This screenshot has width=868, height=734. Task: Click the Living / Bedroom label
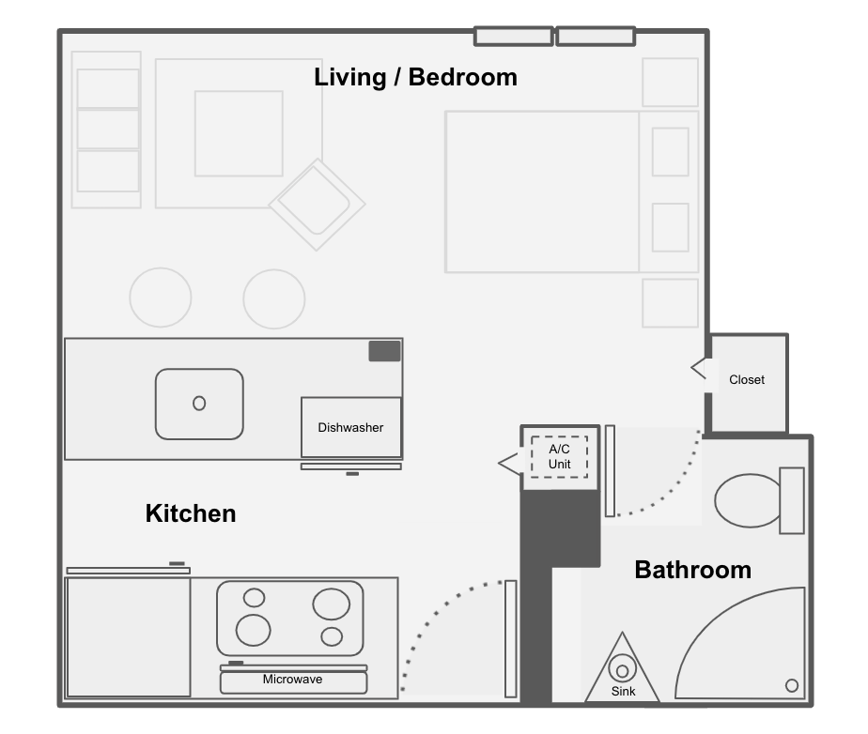point(415,77)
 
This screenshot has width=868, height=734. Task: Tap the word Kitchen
point(191,513)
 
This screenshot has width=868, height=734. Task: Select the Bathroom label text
point(692,570)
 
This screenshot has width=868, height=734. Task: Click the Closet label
point(746,379)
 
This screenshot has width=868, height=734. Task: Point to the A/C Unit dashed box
point(559,457)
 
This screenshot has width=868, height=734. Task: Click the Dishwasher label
point(350,428)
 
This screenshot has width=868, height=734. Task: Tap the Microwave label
point(292,680)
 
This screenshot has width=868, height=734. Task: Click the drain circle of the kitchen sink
point(199,404)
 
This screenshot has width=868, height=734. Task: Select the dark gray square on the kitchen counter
point(385,351)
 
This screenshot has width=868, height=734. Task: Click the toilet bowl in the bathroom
point(748,500)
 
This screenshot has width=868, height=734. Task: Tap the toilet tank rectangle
point(792,500)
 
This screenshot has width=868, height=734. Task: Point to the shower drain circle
point(792,686)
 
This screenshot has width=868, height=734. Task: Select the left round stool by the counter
point(161,298)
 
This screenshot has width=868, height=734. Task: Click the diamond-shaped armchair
point(318,204)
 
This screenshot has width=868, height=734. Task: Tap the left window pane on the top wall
point(514,37)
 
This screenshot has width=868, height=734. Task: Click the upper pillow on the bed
point(671,152)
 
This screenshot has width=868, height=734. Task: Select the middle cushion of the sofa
point(108,130)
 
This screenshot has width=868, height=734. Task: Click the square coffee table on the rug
point(240,134)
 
